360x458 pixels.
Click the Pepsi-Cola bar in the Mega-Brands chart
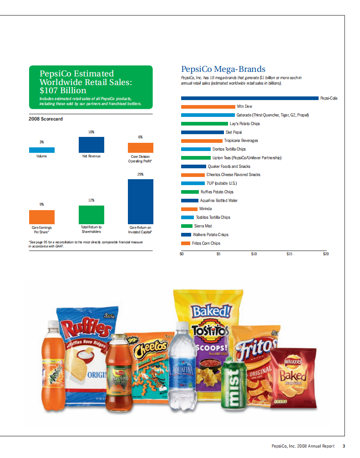(x=249, y=98)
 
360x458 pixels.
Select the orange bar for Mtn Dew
(x=208, y=106)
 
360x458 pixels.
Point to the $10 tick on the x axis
(x=254, y=253)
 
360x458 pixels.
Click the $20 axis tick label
(x=325, y=253)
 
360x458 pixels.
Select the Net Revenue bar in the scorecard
(x=91, y=145)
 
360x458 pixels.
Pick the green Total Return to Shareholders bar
(x=91, y=214)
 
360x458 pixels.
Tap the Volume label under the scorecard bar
(x=41, y=156)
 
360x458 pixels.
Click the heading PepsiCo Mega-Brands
(x=223, y=69)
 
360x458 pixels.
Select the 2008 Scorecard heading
(x=46, y=119)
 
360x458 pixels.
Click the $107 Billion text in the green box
(x=63, y=90)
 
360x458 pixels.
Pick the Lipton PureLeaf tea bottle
(x=118, y=373)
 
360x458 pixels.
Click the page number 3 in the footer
(x=345, y=446)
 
